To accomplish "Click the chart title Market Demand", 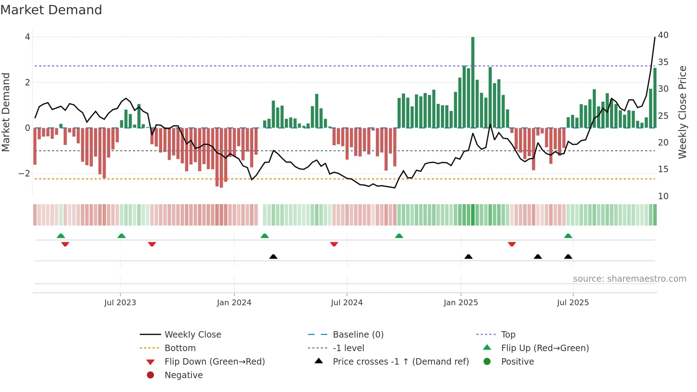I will [51, 10].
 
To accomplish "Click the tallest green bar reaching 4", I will [473, 82].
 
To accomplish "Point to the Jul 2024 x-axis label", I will [347, 303].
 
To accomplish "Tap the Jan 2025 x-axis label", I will [461, 303].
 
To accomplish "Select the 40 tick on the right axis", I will [663, 35].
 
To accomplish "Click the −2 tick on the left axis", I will [25, 174].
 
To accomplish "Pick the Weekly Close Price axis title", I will [682, 112].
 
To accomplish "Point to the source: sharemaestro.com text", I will [629, 279].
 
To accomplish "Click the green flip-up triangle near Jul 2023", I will [122, 236].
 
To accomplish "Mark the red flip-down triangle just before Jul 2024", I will [334, 244].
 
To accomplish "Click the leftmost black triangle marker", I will [273, 256].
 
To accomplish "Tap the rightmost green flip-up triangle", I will [568, 236].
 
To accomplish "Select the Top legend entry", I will [508, 335].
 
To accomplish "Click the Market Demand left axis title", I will [6, 112].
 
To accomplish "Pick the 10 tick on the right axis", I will [663, 196].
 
